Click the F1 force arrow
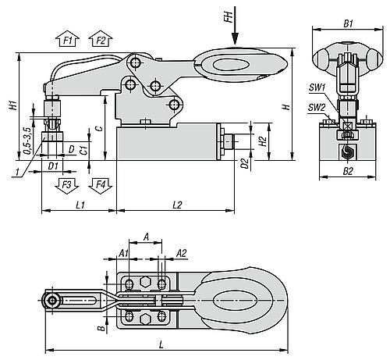(x=67, y=39)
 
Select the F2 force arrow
(x=101, y=39)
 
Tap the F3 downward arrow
(x=67, y=186)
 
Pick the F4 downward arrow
(x=101, y=186)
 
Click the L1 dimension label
(x=80, y=205)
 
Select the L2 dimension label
(x=177, y=205)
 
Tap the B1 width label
(x=348, y=23)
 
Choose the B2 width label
(x=348, y=171)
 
